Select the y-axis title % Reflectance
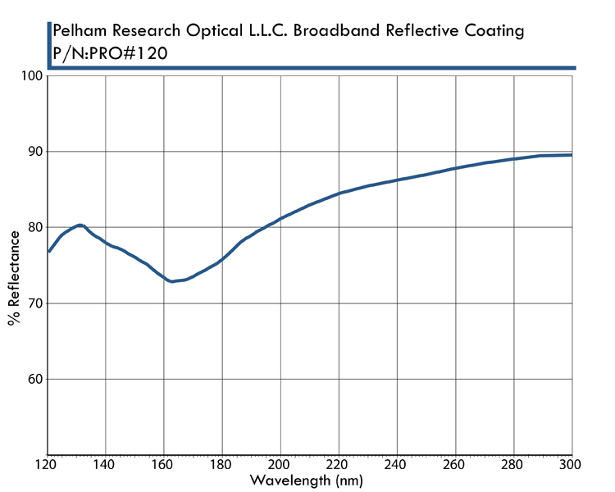point(14,278)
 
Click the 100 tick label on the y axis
point(31,76)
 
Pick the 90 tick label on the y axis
point(34,152)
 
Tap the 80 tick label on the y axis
point(34,228)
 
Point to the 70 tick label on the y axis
point(34,303)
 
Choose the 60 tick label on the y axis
point(34,380)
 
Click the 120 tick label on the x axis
point(48,465)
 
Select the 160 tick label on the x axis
point(164,465)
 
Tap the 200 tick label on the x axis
point(280,465)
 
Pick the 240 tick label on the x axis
point(397,465)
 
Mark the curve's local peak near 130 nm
point(80,225)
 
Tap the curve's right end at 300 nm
point(571,155)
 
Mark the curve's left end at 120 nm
point(48,252)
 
